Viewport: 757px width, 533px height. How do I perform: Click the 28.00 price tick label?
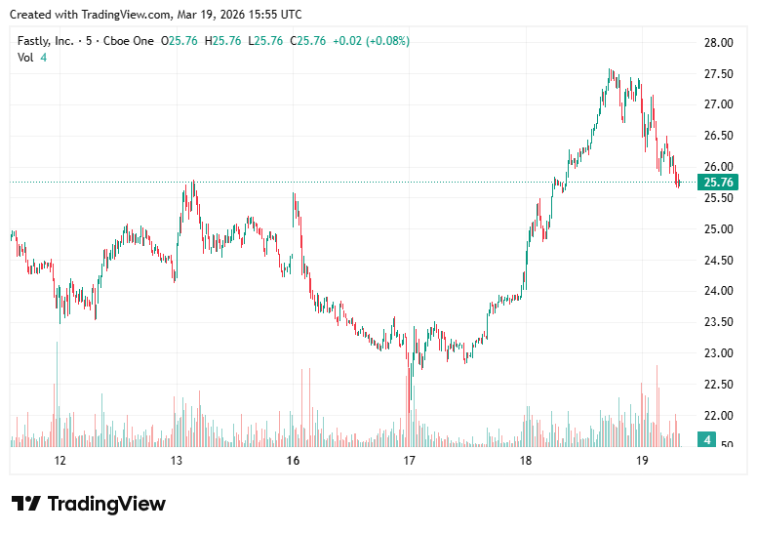[718, 43]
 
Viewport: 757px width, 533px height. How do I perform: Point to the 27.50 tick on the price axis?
[718, 74]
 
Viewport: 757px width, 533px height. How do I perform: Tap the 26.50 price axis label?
[718, 136]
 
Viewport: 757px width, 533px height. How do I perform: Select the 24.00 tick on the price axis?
[718, 291]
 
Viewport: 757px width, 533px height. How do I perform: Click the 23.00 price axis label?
[718, 353]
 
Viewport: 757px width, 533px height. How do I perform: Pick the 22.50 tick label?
[718, 385]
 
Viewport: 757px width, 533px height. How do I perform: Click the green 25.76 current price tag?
[718, 183]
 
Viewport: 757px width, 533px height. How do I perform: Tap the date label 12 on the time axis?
[60, 461]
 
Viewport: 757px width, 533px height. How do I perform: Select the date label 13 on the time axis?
[177, 461]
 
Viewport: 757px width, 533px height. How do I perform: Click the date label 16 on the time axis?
[293, 461]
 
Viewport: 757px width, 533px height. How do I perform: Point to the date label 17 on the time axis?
[409, 461]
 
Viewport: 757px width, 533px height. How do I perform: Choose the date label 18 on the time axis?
[525, 461]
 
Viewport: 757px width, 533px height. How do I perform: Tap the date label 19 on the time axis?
[642, 461]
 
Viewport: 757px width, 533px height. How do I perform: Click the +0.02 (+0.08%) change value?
[371, 41]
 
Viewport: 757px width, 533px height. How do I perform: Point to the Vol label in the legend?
[25, 58]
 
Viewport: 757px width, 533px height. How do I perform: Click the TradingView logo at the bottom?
[89, 504]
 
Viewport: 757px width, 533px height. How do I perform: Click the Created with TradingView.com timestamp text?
[155, 14]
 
